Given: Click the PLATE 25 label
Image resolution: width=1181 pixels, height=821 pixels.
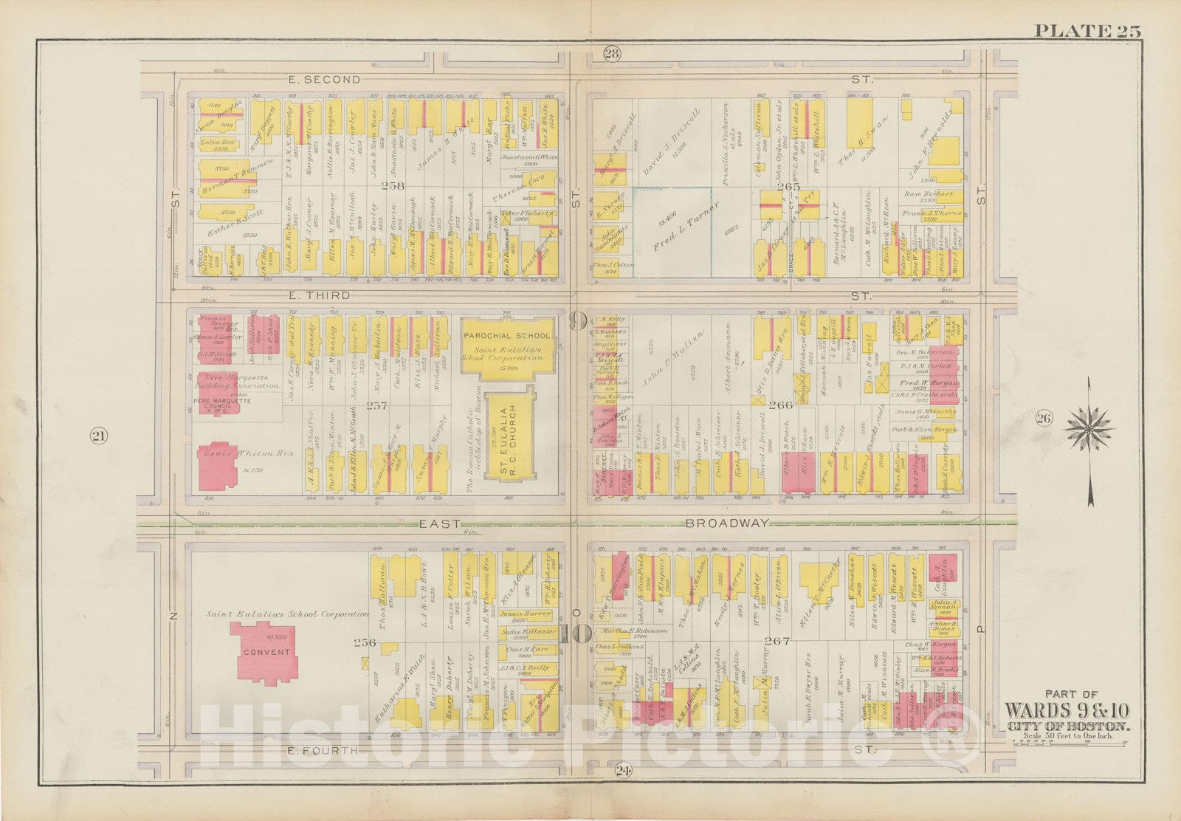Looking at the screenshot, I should tap(1087, 31).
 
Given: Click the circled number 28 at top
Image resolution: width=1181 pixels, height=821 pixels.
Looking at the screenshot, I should tap(612, 53).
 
